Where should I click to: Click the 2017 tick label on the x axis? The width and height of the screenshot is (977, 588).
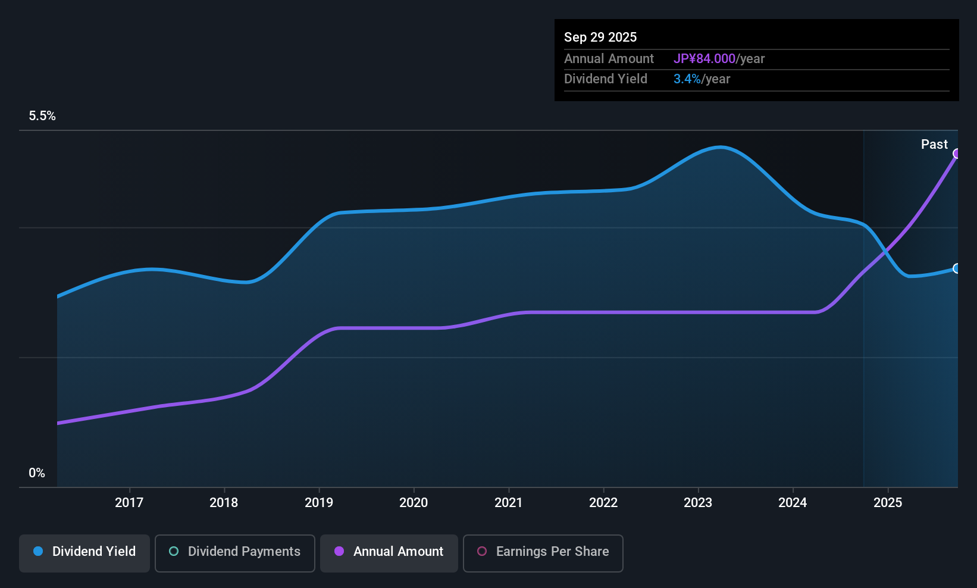(x=129, y=502)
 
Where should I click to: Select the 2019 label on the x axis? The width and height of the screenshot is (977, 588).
(x=319, y=502)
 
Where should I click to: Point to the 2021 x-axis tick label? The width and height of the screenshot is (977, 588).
(x=508, y=502)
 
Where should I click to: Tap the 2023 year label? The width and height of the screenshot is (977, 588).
(x=698, y=502)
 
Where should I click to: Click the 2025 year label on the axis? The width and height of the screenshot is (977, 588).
(x=888, y=502)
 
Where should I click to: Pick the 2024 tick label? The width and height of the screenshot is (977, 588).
(x=793, y=502)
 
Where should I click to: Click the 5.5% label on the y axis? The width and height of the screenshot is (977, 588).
(x=42, y=116)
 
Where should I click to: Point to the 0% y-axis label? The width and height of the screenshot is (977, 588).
(x=37, y=473)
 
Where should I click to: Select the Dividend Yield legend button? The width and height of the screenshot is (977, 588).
(x=84, y=552)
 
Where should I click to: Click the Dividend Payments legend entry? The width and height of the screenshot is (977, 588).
(x=235, y=552)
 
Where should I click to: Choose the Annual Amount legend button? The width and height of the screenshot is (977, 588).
(x=389, y=552)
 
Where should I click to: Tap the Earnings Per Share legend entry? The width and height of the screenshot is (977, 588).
(x=543, y=552)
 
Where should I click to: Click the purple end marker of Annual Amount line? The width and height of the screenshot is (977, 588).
(x=957, y=154)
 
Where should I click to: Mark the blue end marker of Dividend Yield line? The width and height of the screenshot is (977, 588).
(x=957, y=268)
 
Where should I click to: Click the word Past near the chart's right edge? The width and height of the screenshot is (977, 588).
(x=934, y=145)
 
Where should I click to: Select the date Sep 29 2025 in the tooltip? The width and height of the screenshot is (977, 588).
(x=600, y=37)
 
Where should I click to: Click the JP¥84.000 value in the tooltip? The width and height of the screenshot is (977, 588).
(x=704, y=59)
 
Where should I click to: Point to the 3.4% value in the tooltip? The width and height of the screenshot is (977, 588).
(x=687, y=79)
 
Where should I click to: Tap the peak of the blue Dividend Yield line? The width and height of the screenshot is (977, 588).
(x=721, y=147)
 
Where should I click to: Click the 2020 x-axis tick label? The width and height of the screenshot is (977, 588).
(x=414, y=502)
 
